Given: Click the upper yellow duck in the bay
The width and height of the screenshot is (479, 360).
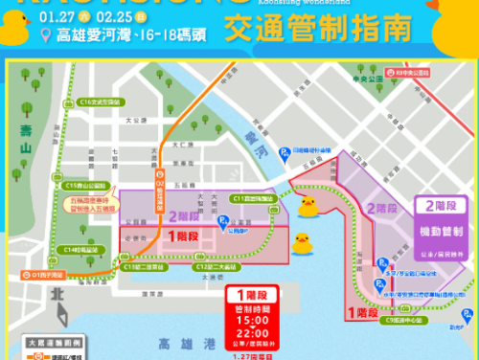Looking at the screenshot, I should coord(308,205).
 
